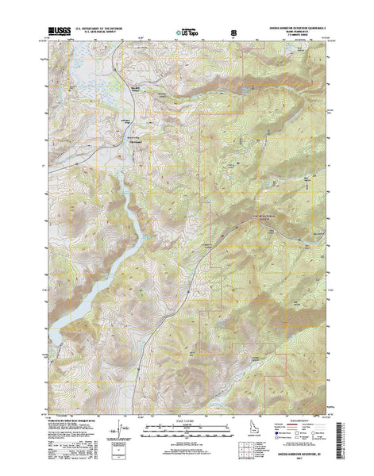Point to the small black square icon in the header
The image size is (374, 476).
[x=233, y=33]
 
